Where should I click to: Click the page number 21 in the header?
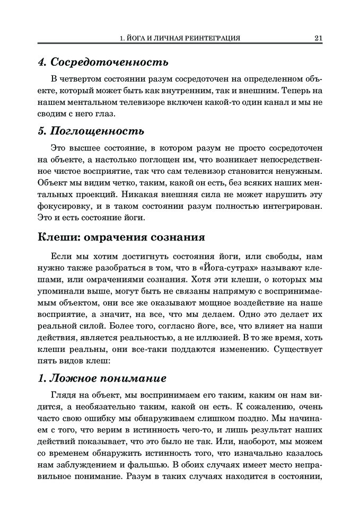click(319, 38)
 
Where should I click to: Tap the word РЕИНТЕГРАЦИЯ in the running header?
click(208, 38)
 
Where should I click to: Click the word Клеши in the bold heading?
click(57, 236)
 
